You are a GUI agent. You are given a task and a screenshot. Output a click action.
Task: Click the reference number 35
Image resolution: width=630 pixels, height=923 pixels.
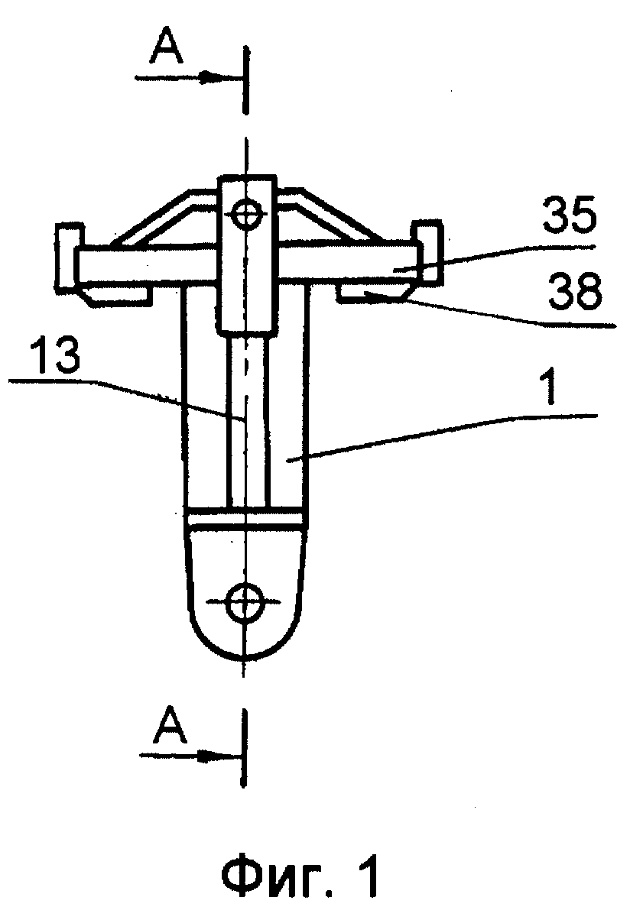[x=570, y=215]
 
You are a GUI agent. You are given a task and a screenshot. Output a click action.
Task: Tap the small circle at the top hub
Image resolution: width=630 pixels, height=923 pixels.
[x=246, y=214]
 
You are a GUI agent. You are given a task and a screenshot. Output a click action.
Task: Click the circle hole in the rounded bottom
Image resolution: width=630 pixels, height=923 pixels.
[x=245, y=602]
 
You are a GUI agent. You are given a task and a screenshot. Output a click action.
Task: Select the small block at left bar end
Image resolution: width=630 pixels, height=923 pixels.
[x=66, y=255]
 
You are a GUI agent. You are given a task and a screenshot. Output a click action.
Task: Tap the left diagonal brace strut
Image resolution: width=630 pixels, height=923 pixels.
[x=163, y=218]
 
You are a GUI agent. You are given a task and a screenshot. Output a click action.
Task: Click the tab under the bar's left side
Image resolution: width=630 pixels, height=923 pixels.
[x=118, y=293]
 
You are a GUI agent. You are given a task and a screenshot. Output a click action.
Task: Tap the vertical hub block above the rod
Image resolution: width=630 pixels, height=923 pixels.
[x=246, y=254]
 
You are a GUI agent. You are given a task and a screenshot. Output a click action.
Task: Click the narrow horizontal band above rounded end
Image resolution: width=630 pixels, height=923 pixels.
[x=246, y=518]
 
